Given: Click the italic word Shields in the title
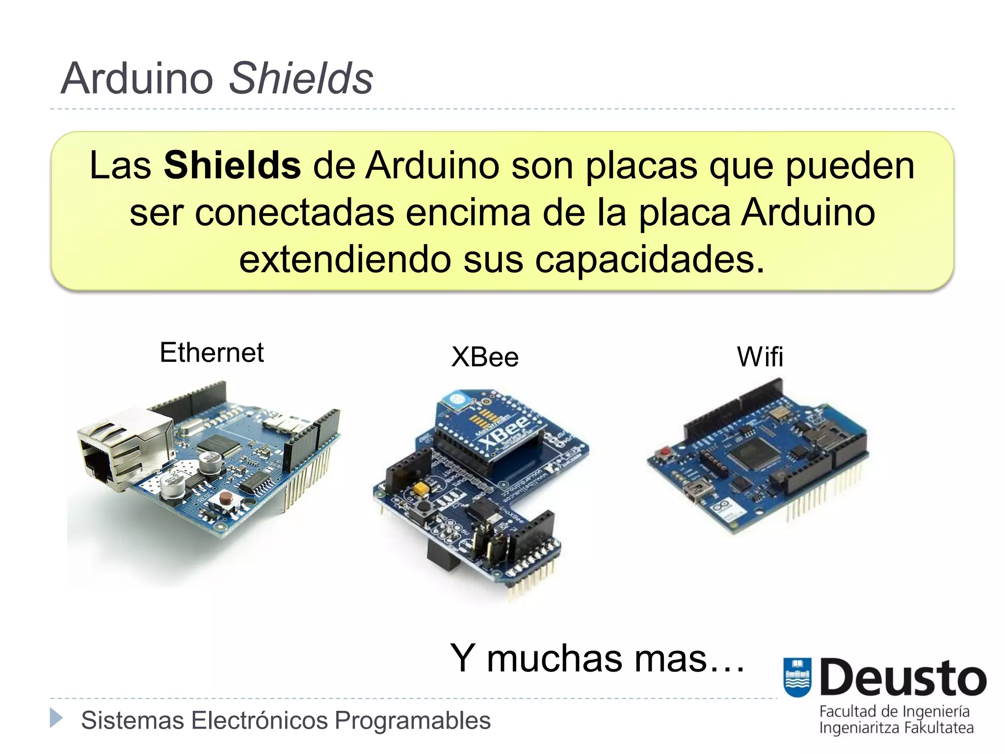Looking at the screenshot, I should pyautogui.click(x=301, y=79).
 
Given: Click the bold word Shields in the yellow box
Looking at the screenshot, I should pyautogui.click(x=232, y=165).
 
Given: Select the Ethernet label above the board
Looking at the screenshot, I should pyautogui.click(x=212, y=352).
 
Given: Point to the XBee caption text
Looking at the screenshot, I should pyautogui.click(x=485, y=357).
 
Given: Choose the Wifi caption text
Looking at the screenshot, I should pyautogui.click(x=760, y=357).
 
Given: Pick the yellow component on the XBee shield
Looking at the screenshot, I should pyautogui.click(x=421, y=488).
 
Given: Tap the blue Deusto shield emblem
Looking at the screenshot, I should pyautogui.click(x=797, y=677).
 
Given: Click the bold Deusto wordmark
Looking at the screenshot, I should pyautogui.click(x=902, y=678).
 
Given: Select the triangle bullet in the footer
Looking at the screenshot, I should pyautogui.click(x=56, y=718).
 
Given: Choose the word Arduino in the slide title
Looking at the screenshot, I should pyautogui.click(x=137, y=79).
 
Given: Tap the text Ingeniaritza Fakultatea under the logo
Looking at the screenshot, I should pyautogui.click(x=896, y=727).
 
